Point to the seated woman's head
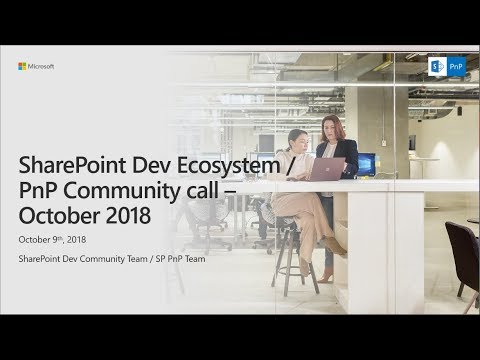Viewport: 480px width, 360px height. pyautogui.click(x=297, y=139)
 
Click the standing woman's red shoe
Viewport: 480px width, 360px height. pyautogui.click(x=327, y=274)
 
